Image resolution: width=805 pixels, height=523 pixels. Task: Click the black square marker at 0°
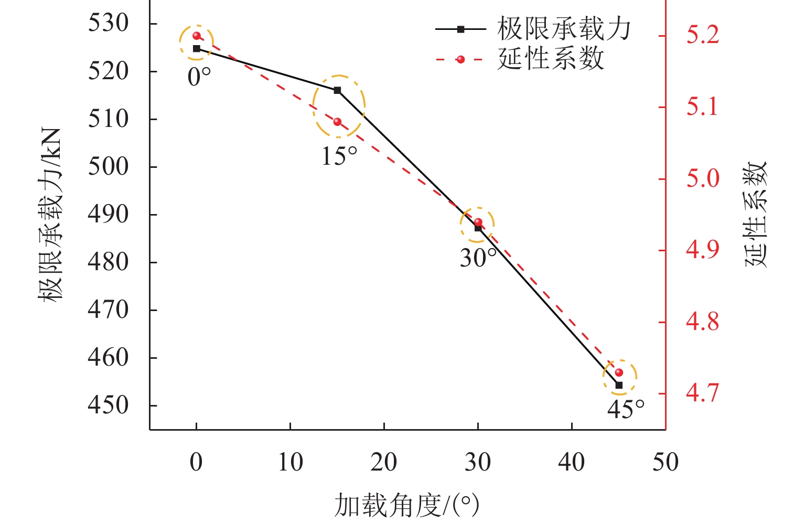[x=197, y=49]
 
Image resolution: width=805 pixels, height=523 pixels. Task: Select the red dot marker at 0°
[x=197, y=36]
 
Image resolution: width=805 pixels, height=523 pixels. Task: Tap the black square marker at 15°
[x=337, y=90]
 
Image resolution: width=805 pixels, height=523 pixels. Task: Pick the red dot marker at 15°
[x=337, y=122]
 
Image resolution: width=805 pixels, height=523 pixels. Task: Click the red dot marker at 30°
[x=478, y=222]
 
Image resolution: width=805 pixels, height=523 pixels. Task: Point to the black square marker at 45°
[x=619, y=385]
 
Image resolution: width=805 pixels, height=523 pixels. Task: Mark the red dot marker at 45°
[x=619, y=372]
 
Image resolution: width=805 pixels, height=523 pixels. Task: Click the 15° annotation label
[x=339, y=156]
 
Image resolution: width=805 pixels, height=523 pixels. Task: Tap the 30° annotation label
[x=478, y=258]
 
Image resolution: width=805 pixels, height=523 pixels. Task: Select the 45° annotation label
[x=626, y=409]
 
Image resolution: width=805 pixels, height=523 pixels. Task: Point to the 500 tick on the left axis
[x=108, y=167]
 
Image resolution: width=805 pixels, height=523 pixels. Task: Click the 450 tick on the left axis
[x=108, y=405]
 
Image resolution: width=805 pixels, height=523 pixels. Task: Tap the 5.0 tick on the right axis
[x=703, y=179]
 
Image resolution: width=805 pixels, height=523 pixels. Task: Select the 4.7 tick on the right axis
[x=703, y=393]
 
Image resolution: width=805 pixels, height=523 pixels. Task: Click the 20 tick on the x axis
[x=384, y=462]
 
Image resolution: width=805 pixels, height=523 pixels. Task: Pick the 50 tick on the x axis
[x=665, y=462]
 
